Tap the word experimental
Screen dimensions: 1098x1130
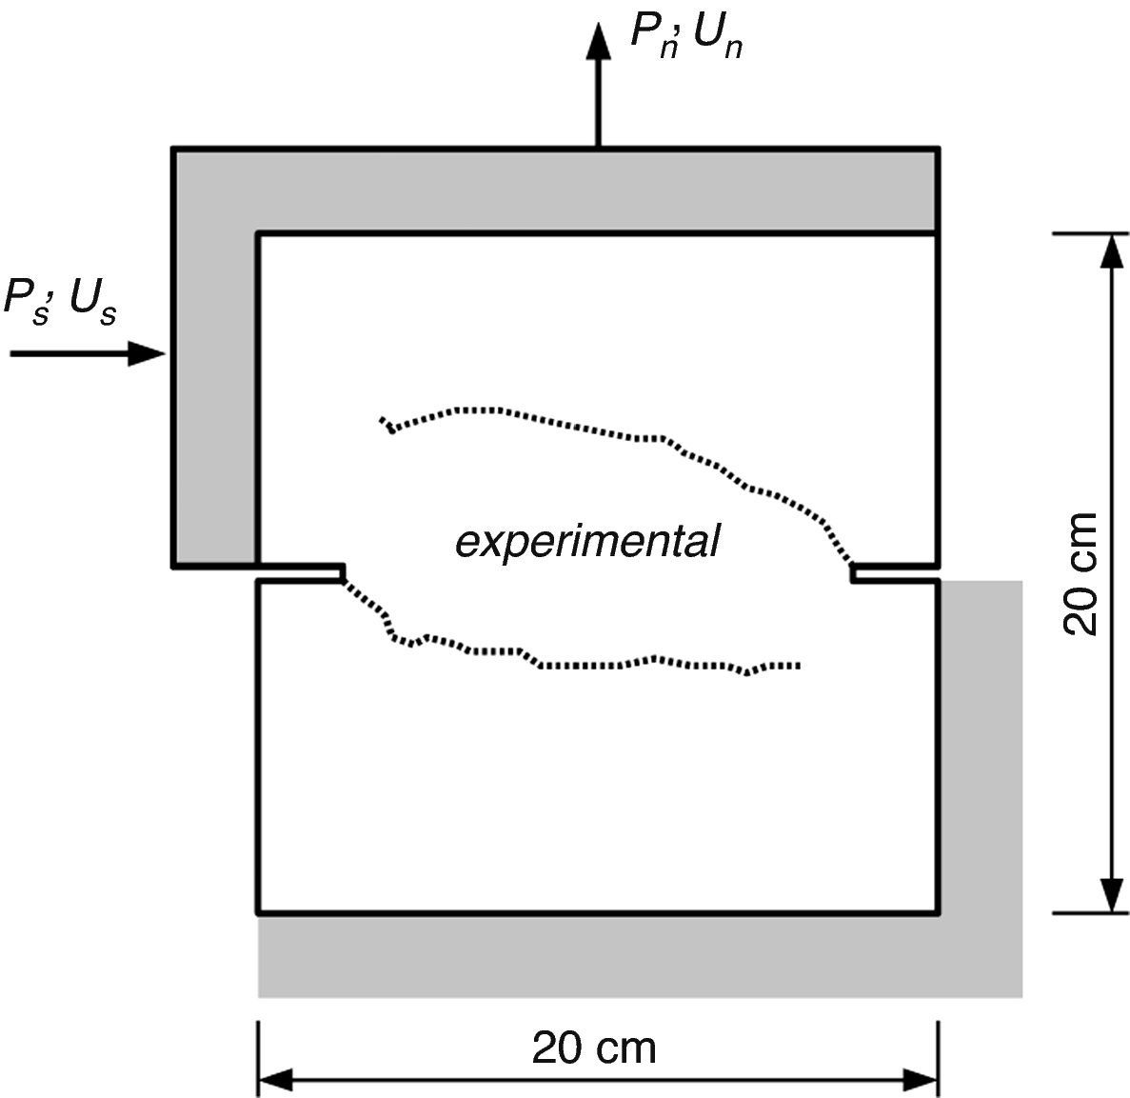click(587, 542)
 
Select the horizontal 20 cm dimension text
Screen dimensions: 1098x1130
click(594, 1048)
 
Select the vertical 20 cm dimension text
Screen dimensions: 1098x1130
click(1080, 573)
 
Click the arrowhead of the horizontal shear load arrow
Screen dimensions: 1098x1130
click(148, 354)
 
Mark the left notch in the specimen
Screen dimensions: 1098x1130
click(301, 572)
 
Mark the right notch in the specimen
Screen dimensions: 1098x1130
click(895, 573)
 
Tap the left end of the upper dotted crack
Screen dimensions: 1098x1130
click(383, 420)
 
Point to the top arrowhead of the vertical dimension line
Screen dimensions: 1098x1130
click(1109, 250)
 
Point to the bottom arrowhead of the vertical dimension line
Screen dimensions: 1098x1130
click(1109, 895)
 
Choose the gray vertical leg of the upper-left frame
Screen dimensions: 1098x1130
click(215, 400)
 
